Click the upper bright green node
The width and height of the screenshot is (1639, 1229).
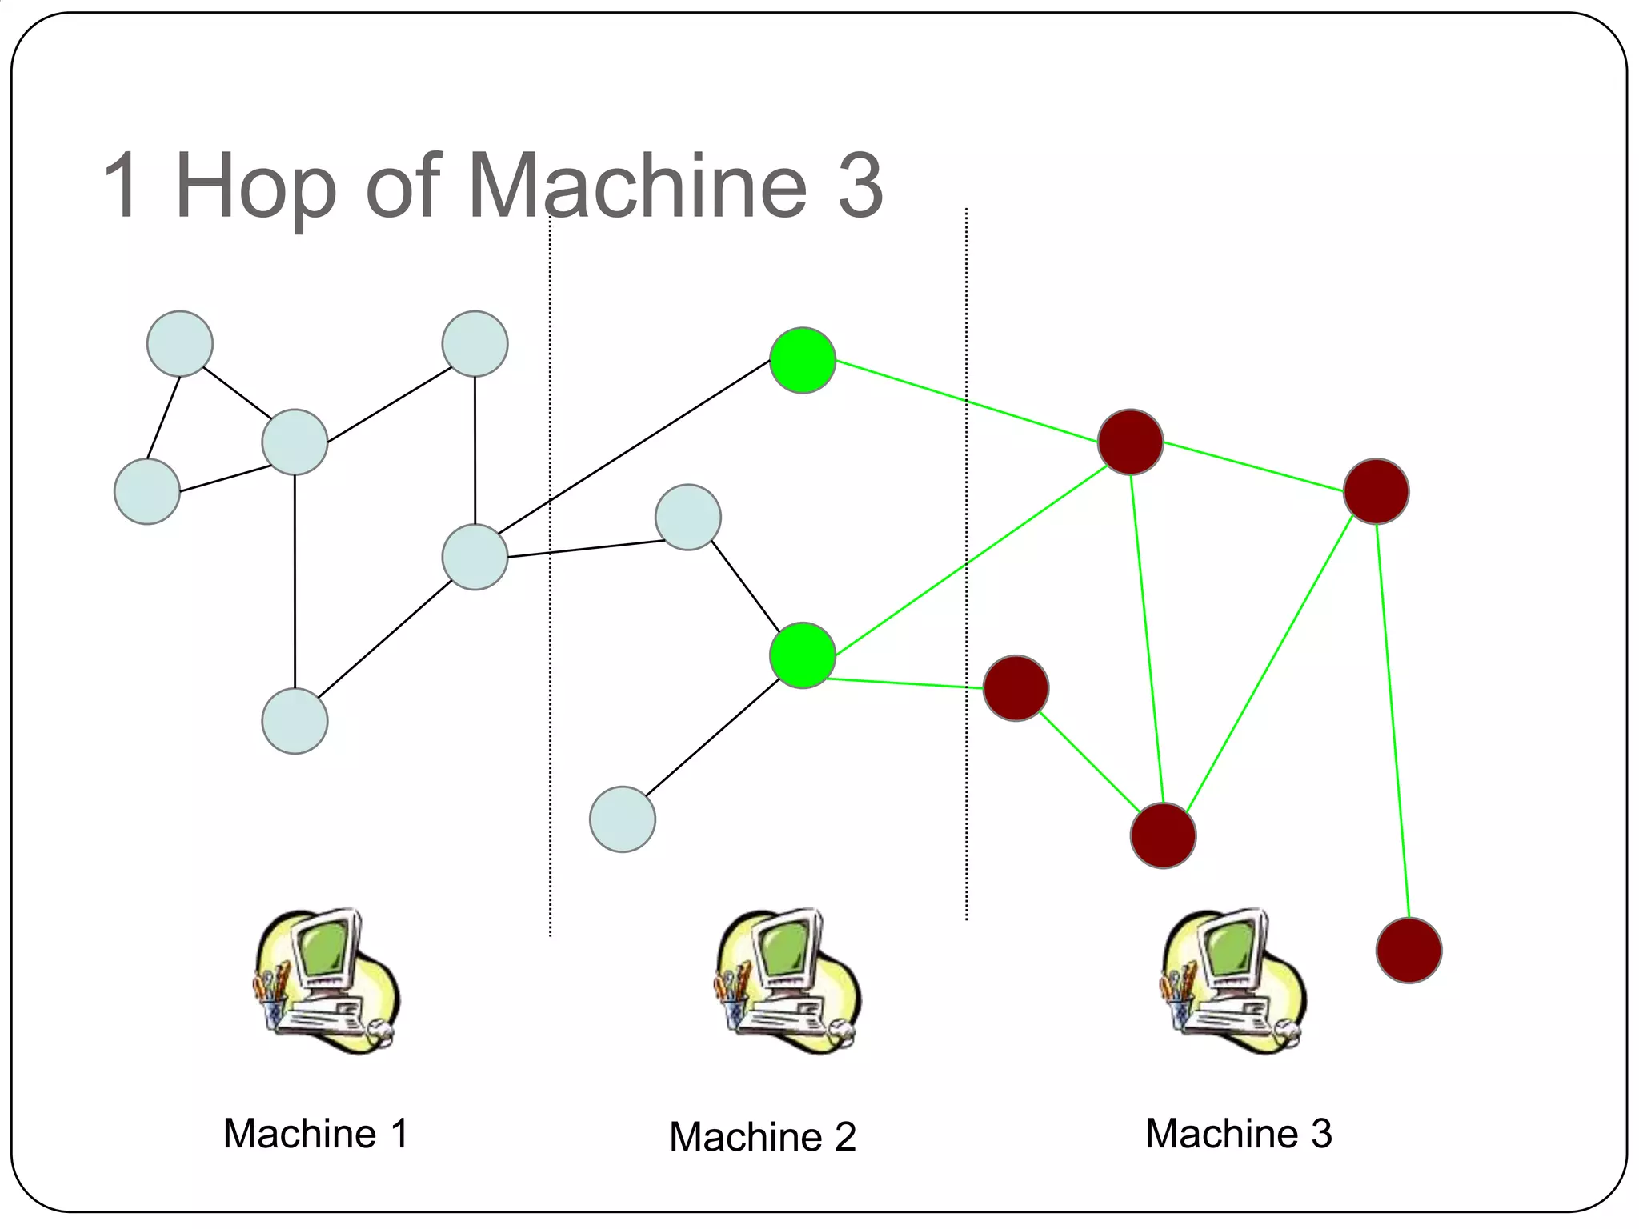coord(803,360)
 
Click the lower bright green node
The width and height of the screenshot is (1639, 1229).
coord(803,655)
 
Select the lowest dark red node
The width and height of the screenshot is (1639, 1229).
coord(1409,950)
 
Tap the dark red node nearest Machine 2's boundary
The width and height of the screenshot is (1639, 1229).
coord(1016,688)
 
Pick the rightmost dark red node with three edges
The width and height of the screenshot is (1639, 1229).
coord(1376,491)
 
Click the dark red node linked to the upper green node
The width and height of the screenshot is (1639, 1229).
coord(1130,442)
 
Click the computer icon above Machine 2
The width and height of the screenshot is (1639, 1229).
coord(787,981)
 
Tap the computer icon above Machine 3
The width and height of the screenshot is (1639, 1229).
coord(1232,981)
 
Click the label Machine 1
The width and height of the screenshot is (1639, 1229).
coord(315,1133)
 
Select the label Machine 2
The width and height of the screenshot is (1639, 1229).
coord(762,1136)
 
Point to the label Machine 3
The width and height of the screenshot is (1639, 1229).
coord(1238,1133)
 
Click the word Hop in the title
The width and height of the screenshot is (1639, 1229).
coord(254,187)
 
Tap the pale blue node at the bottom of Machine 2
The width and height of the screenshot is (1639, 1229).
coord(622,819)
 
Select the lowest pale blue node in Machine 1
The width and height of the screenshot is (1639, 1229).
coord(295,721)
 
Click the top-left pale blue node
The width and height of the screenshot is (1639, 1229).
coord(180,344)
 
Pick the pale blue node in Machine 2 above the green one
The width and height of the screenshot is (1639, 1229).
coord(687,517)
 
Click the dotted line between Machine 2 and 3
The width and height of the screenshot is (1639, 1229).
coord(966,800)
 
